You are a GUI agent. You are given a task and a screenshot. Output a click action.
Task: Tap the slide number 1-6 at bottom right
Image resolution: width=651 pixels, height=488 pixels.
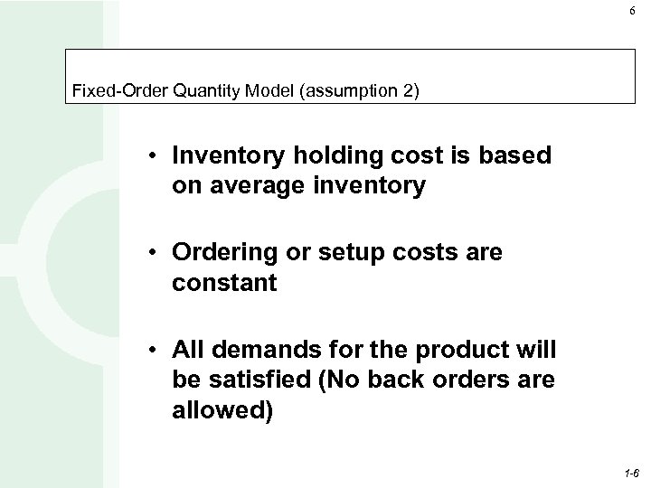629,473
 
